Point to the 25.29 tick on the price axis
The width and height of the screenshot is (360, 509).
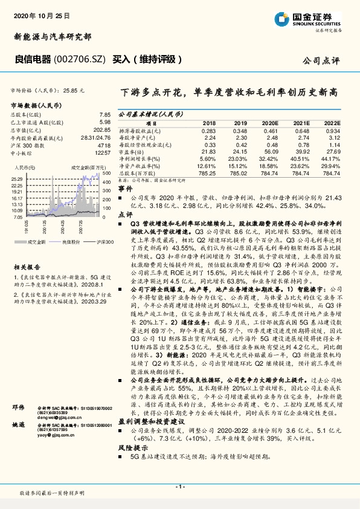(18, 179)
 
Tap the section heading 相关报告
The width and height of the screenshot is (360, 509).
(27, 267)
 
